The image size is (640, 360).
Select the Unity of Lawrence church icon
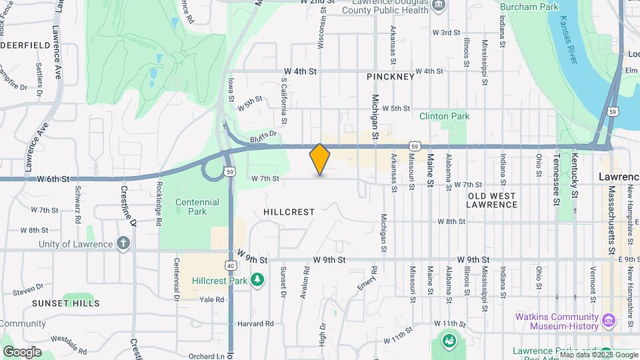(123, 243)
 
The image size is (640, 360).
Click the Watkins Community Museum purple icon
(608, 321)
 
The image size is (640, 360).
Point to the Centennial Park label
(197, 207)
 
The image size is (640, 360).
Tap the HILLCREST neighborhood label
(289, 211)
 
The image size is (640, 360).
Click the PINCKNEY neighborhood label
(391, 77)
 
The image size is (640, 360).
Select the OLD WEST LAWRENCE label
(493, 200)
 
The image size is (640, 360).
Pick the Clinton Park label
(445, 116)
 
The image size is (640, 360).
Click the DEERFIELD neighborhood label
(25, 45)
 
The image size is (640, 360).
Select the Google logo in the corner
(22, 351)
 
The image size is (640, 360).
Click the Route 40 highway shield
(231, 265)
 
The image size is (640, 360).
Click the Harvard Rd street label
(256, 324)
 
